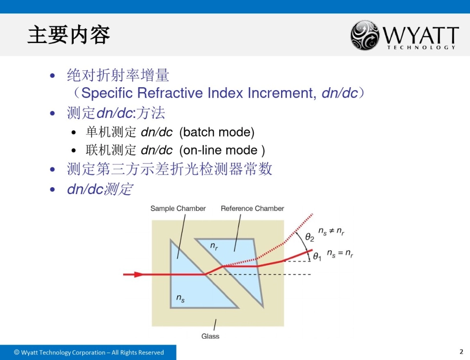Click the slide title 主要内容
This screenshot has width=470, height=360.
coord(69,35)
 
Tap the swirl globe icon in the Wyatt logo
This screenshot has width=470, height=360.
coord(365,36)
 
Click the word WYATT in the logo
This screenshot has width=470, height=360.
coord(421,35)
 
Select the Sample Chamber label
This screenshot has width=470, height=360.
coord(178,208)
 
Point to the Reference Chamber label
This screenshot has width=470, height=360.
coord(252,208)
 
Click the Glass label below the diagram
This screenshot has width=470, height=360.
coord(210,336)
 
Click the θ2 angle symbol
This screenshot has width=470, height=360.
coord(310,238)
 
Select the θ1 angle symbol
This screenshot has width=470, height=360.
coord(317,257)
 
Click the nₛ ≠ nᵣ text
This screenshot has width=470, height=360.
coord(331,232)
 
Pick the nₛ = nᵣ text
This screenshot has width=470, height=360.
coord(340,254)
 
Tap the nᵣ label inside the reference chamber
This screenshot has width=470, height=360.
coord(214,246)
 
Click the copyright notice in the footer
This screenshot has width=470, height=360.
coord(89,353)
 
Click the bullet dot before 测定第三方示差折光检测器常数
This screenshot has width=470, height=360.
coord(53,170)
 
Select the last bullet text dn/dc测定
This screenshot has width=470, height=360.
coord(99,189)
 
